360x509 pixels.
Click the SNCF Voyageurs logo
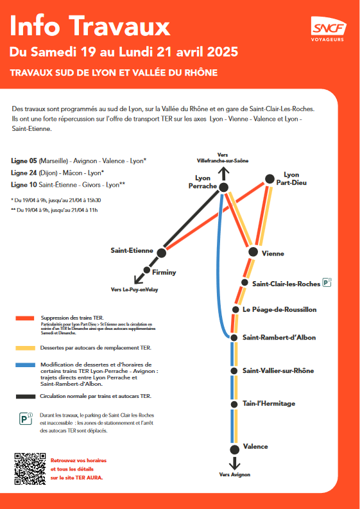click(x=329, y=30)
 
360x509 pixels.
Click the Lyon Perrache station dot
click(x=223, y=187)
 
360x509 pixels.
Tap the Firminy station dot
click(x=147, y=271)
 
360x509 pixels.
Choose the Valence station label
click(x=255, y=446)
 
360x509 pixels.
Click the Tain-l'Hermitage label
click(x=269, y=403)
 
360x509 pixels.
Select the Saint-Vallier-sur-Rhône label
click(x=278, y=370)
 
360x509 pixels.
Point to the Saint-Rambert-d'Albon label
click(x=279, y=338)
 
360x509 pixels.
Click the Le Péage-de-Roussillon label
click(x=279, y=309)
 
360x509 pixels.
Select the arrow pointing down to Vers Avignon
click(x=234, y=462)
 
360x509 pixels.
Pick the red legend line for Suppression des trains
click(x=25, y=318)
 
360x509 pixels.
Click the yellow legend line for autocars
click(x=25, y=349)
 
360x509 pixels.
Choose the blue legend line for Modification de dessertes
click(x=25, y=365)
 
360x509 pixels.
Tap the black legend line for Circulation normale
click(x=25, y=396)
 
